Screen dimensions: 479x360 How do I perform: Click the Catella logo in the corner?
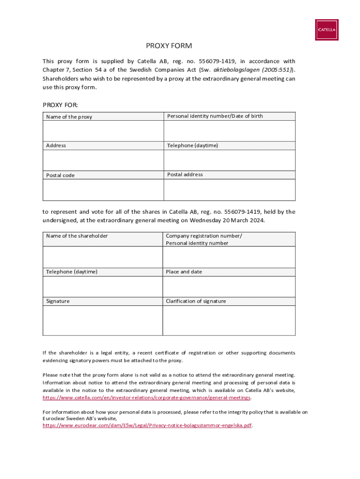(x=326, y=30)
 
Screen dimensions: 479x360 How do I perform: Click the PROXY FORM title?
(x=169, y=46)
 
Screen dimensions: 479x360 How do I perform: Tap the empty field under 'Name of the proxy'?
(x=103, y=131)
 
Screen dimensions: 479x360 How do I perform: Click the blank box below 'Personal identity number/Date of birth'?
(x=229, y=131)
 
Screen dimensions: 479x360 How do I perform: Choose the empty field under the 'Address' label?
(x=103, y=160)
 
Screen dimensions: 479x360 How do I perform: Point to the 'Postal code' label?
(x=60, y=175)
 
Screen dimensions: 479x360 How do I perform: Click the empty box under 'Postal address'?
(x=229, y=189)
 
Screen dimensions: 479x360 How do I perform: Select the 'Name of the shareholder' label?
(x=77, y=236)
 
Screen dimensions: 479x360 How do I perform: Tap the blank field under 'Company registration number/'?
(x=229, y=257)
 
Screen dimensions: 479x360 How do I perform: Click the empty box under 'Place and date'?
(x=229, y=286)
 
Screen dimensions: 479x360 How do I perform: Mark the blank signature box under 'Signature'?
(x=102, y=320)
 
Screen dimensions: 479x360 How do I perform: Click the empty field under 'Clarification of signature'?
(x=229, y=320)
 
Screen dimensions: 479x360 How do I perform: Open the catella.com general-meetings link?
(x=147, y=398)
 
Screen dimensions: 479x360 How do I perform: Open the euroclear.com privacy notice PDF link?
(x=147, y=426)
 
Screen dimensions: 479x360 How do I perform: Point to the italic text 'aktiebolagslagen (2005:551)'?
(x=253, y=70)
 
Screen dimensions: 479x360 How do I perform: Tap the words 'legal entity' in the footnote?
(x=113, y=353)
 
